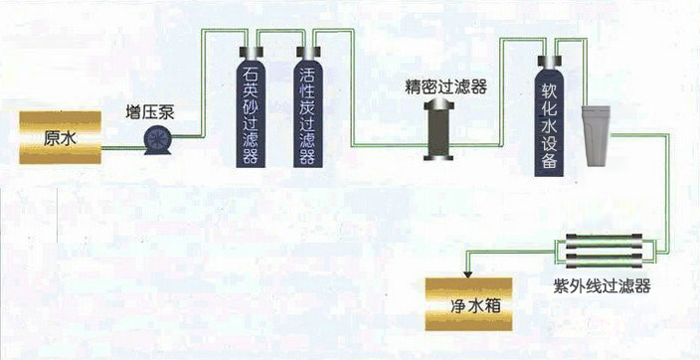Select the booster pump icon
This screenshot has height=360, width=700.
(x=157, y=141)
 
